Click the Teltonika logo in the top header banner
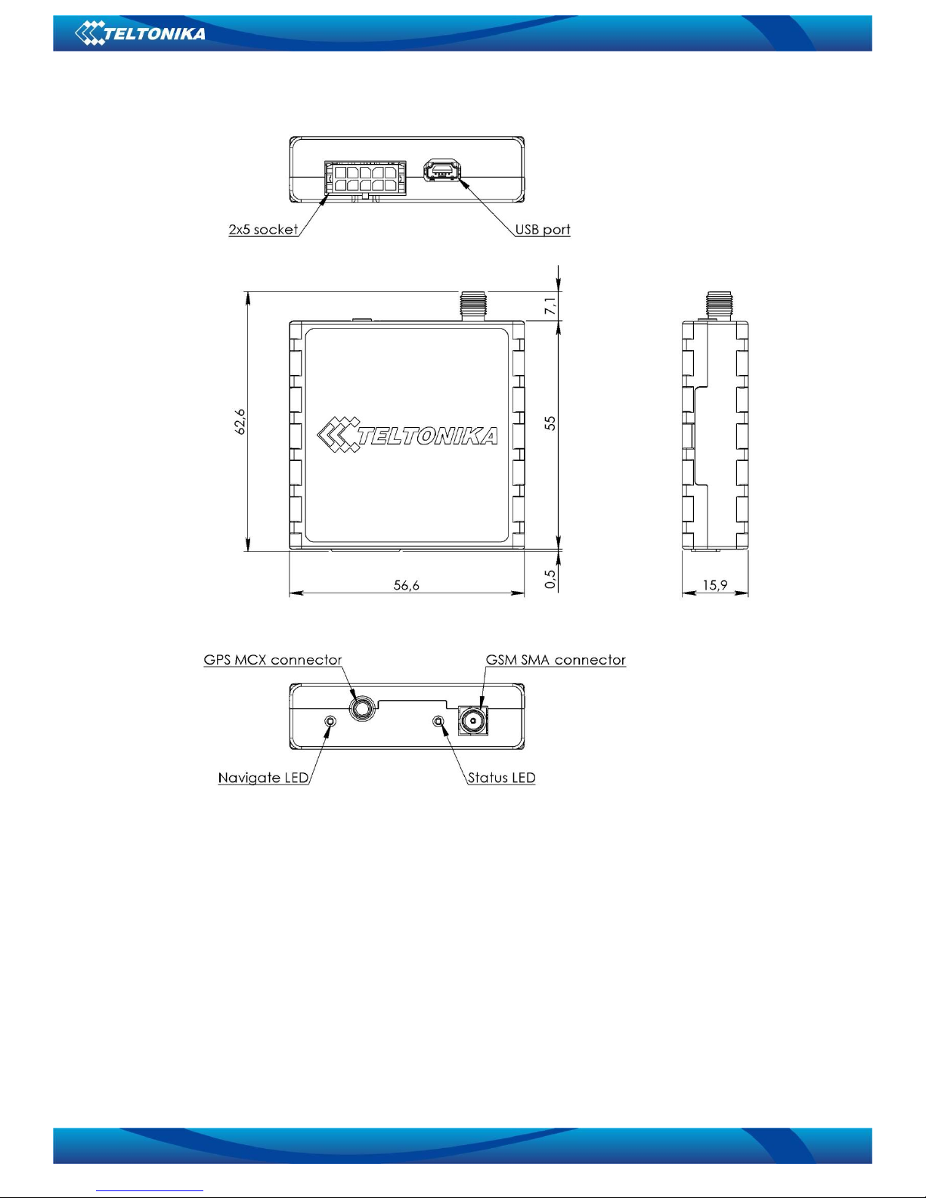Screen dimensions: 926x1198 point(140,33)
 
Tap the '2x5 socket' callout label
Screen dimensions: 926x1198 point(263,229)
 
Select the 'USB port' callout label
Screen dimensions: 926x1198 point(543,229)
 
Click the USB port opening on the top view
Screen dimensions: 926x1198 point(441,169)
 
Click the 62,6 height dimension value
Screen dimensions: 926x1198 point(240,422)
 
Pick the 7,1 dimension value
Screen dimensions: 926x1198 point(550,306)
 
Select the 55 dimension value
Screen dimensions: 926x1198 point(550,423)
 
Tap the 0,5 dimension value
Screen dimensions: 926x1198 point(550,578)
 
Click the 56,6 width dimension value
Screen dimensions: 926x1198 point(406,585)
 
